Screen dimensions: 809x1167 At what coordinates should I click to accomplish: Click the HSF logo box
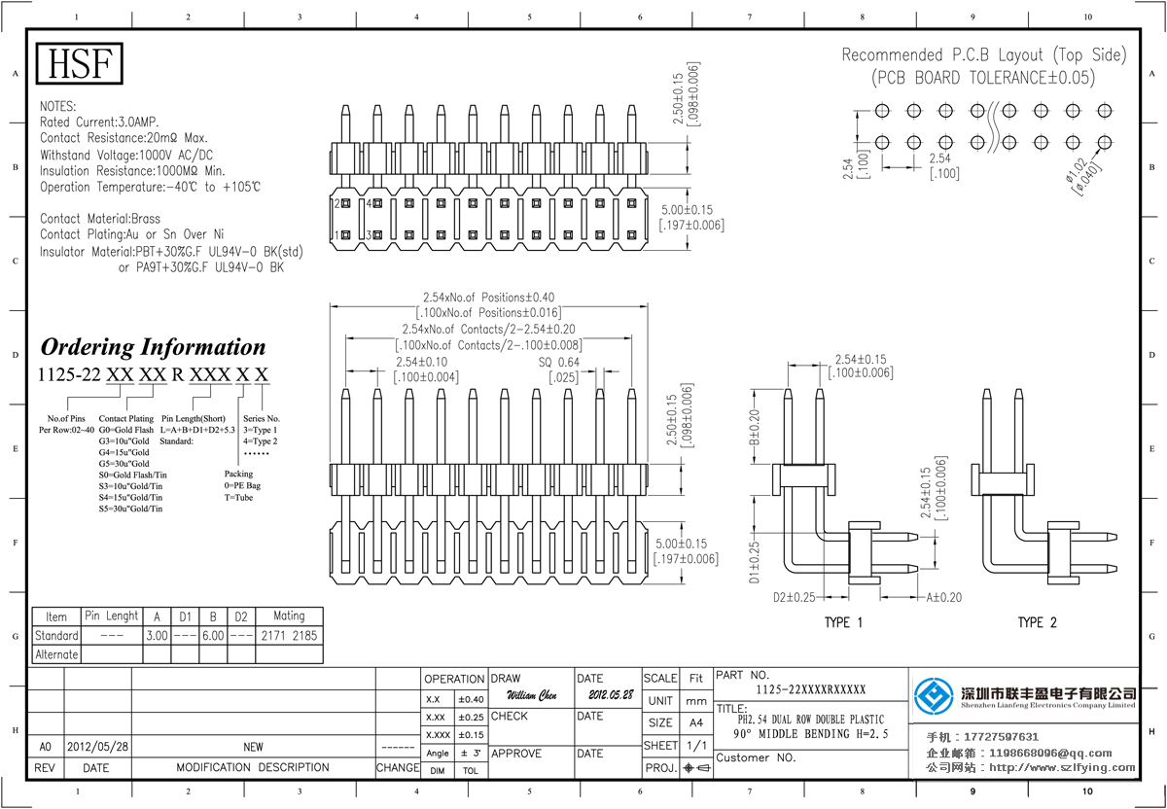(82, 65)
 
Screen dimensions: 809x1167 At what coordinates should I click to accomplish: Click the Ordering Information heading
(153, 347)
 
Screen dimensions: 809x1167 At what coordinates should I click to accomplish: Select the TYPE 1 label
(843, 622)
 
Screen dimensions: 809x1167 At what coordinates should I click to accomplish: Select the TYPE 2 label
(1037, 622)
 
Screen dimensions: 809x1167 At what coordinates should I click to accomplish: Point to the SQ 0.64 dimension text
(559, 363)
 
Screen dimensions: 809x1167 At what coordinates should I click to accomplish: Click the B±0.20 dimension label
(754, 428)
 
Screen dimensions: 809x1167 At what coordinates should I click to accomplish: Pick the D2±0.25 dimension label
(794, 597)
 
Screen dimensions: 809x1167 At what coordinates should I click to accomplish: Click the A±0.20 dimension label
(942, 597)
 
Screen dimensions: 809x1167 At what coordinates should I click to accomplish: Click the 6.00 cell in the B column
(212, 636)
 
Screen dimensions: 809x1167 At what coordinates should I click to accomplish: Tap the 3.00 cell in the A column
(157, 636)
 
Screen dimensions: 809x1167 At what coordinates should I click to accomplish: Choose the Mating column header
(288, 616)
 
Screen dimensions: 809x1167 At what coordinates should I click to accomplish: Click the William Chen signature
(532, 696)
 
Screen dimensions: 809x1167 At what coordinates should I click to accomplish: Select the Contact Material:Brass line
(100, 219)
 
